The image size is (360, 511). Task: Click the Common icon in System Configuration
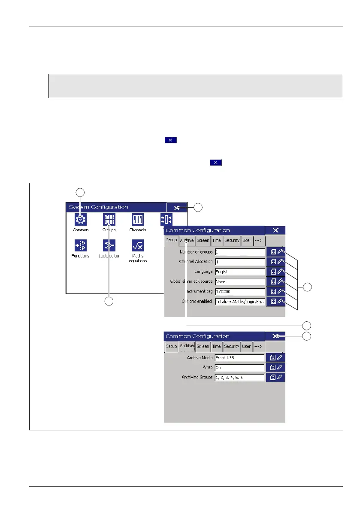80,220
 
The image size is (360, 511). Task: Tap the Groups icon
109,220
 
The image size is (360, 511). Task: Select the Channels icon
138,220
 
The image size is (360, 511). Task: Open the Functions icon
80,245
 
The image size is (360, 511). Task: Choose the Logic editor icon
109,245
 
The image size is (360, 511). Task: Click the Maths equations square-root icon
138,245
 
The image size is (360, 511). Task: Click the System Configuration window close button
177,208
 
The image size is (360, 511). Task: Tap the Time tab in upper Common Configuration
217,241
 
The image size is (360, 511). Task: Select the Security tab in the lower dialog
232,346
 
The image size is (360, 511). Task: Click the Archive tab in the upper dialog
187,241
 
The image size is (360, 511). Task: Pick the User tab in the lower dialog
246,346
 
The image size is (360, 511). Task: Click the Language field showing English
239,272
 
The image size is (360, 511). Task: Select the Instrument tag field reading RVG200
239,291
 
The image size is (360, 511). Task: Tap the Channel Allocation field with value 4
239,262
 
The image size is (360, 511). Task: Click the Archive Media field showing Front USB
239,358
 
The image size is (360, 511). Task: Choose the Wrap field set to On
239,368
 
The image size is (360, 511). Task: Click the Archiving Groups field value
239,378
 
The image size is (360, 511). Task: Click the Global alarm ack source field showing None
239,281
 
